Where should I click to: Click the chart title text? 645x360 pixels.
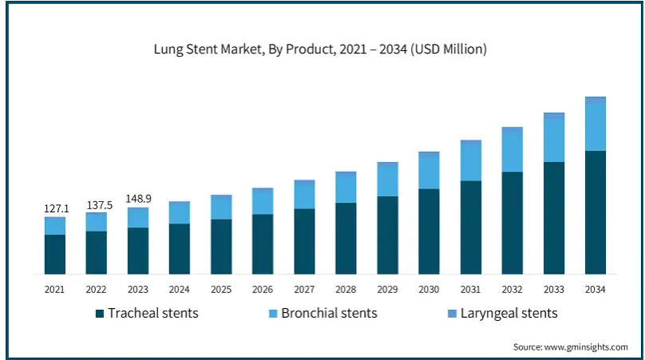320,49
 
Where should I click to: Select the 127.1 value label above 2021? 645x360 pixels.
56,209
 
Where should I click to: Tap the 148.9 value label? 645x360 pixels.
139,199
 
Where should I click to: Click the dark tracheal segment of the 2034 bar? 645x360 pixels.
595,212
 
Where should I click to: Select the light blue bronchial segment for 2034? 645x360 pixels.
595,127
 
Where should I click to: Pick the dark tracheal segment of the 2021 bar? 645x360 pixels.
55,254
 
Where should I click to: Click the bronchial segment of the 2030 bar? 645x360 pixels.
429,172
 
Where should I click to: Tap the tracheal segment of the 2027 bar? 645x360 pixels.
304,241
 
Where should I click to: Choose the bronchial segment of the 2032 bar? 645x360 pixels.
512,150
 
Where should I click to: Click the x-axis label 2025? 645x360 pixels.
221,289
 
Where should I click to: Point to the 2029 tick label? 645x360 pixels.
387,289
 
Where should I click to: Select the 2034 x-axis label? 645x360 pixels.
595,289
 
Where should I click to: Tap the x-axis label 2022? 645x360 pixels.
97,289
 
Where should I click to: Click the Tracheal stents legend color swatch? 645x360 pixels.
99,313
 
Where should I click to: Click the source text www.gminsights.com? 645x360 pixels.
570,347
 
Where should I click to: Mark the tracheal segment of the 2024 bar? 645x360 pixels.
180,248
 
